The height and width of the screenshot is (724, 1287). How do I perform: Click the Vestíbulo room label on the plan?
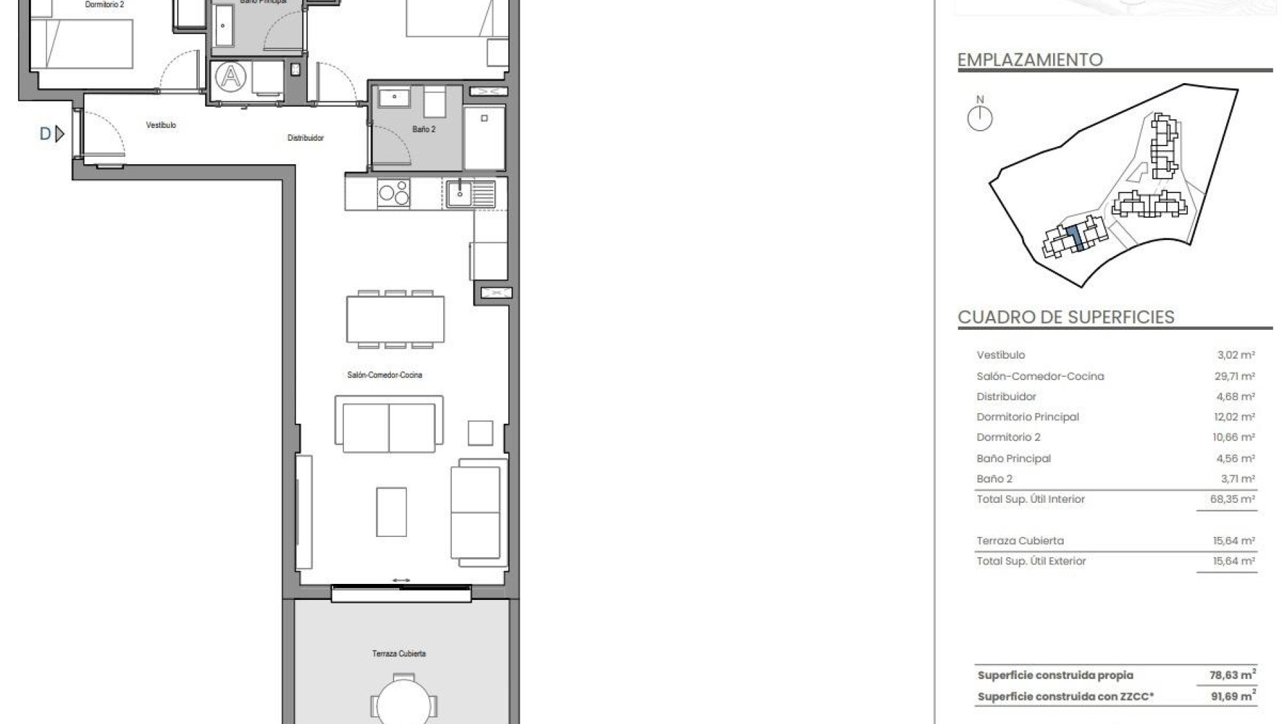(x=161, y=125)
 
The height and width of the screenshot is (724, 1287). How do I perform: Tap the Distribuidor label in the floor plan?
(x=306, y=138)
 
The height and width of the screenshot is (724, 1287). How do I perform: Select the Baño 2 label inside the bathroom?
(x=424, y=129)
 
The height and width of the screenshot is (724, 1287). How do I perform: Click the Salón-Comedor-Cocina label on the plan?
(x=385, y=375)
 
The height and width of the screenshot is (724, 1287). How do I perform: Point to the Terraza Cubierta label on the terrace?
(x=399, y=654)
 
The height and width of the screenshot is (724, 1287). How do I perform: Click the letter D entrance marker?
(x=46, y=134)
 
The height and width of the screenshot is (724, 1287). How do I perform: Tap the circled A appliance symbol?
(x=231, y=77)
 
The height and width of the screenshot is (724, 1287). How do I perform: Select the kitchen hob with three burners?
(x=393, y=193)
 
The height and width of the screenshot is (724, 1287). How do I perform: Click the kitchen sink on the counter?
(x=460, y=194)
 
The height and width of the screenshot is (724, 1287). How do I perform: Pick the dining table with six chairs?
(x=395, y=320)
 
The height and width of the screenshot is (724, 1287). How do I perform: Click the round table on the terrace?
(x=404, y=704)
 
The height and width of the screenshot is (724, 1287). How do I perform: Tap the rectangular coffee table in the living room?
(x=391, y=511)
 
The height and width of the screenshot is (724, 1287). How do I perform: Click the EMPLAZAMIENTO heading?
(x=1030, y=60)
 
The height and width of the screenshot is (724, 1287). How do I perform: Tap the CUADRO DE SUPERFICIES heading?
(x=1066, y=317)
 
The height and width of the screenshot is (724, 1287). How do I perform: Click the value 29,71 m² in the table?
(x=1234, y=376)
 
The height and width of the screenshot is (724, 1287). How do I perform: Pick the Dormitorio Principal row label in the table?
(x=1028, y=417)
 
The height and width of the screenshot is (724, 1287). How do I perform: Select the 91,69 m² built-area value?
(x=1233, y=697)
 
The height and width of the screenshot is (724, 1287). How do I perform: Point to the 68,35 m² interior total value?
(x=1232, y=499)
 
